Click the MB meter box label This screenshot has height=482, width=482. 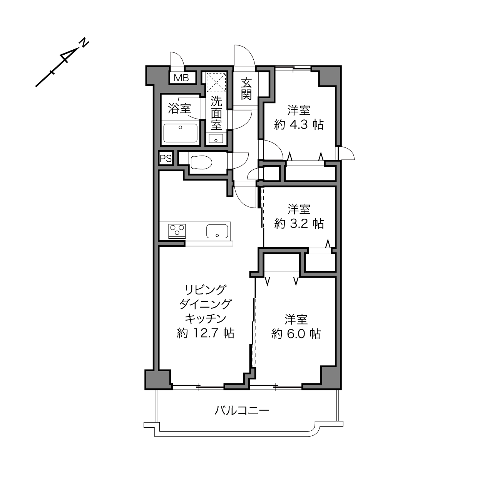[181, 78]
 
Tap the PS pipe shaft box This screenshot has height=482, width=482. [166, 158]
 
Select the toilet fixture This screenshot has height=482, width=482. [201, 162]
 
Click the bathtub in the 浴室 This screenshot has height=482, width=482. [180, 132]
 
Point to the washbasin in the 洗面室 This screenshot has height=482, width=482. [216, 139]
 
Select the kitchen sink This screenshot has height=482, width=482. [217, 231]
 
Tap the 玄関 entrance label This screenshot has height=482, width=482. [246, 89]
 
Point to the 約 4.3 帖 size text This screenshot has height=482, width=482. [299, 125]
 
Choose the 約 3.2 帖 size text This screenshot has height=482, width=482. [299, 223]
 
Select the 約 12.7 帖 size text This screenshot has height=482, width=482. [206, 333]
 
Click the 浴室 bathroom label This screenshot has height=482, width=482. [179, 109]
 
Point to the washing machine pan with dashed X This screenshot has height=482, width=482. [216, 82]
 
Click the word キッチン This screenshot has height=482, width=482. [206, 319]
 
